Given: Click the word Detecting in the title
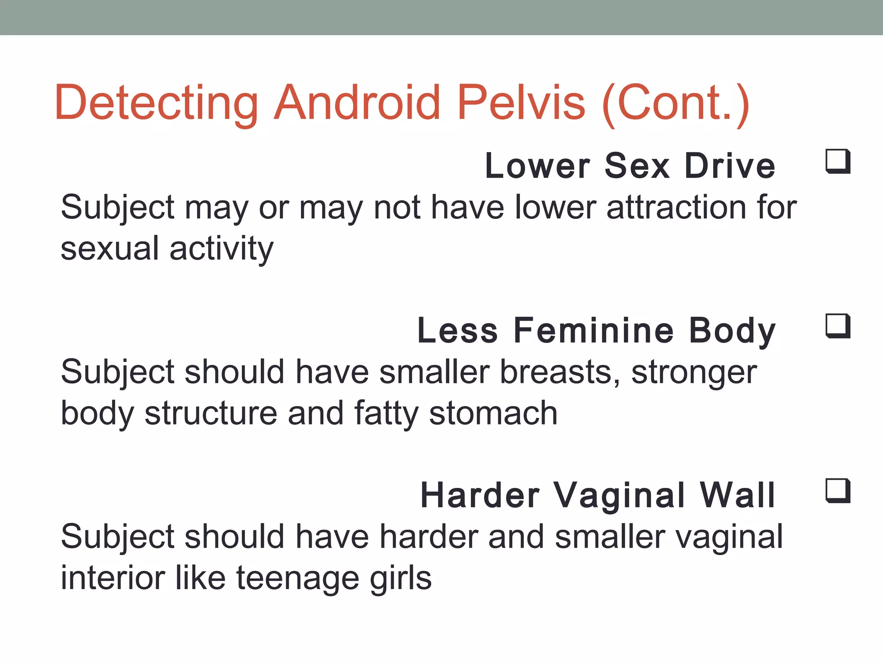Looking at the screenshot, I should pos(156,103).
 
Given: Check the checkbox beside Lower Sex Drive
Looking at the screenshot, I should pos(838,162).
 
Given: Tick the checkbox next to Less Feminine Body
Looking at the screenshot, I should pos(838,326).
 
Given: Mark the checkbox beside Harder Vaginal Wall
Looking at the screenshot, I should pos(838,491).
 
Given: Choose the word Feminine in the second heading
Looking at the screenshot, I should pos(594,331).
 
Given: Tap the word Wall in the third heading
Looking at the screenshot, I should pos(738,495).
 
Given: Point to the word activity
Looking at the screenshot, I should pos(222,249).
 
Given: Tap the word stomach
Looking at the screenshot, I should pos(493,413).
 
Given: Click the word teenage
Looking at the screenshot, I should pos(297,578).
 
